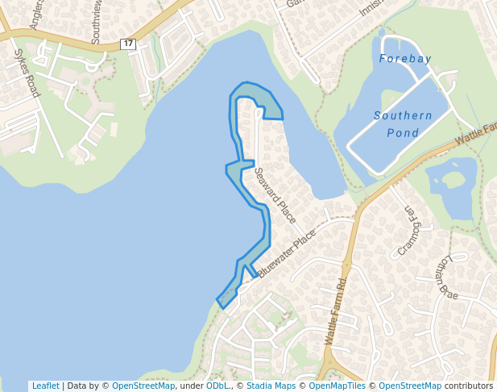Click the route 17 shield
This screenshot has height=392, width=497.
point(128,44)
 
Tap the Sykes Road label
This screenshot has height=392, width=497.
point(27,73)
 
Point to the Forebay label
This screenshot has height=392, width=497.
point(405,59)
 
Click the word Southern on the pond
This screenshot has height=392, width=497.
point(403,115)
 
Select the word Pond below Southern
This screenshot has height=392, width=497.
point(403,132)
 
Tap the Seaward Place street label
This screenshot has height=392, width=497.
point(275,194)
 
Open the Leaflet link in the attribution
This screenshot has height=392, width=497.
point(45,386)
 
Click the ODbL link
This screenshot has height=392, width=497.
point(217,386)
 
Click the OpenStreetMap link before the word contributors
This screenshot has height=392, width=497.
point(410,386)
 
